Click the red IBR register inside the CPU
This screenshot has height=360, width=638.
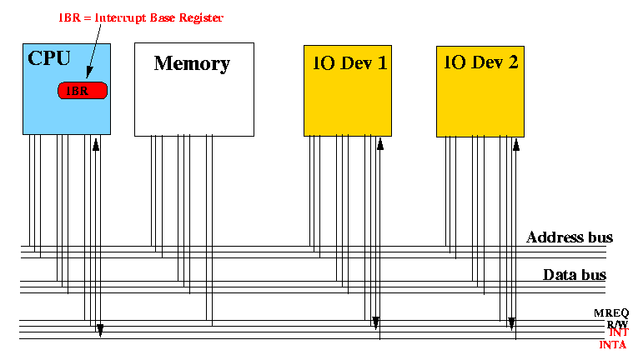pyautogui.click(x=83, y=90)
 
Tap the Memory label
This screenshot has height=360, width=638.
pyautogui.click(x=192, y=63)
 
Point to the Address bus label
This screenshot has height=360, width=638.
pyautogui.click(x=570, y=237)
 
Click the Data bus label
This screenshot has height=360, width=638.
pyautogui.click(x=575, y=275)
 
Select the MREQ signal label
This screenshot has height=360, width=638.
pyautogui.click(x=611, y=312)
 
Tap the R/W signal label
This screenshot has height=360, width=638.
pyautogui.click(x=617, y=323)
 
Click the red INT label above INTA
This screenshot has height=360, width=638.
pyautogui.click(x=618, y=332)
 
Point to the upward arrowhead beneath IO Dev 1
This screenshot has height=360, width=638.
pyautogui.click(x=380, y=145)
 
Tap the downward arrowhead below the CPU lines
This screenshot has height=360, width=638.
pyautogui.click(x=100, y=330)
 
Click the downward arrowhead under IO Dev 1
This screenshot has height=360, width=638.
pyautogui.click(x=375, y=322)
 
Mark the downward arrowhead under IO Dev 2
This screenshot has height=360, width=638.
pyautogui.click(x=512, y=322)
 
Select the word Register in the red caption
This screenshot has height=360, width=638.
pyautogui.click(x=203, y=17)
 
